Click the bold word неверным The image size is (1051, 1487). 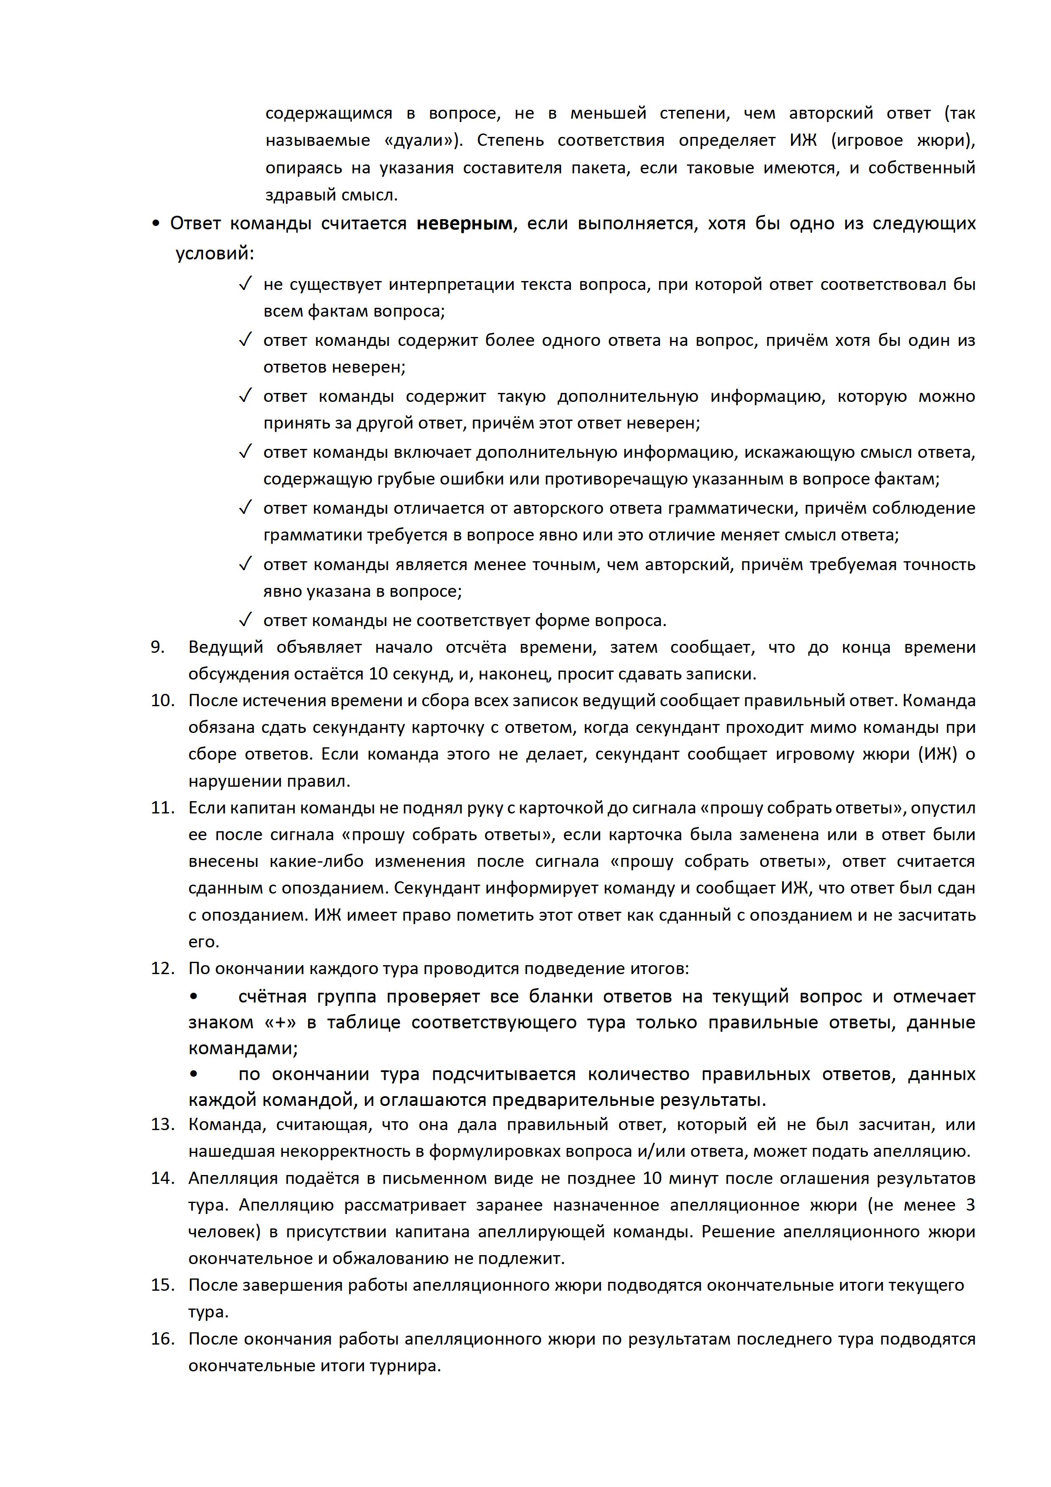tap(464, 224)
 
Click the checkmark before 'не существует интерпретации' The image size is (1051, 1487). tap(245, 284)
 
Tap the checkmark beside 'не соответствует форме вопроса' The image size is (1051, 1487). tap(245, 621)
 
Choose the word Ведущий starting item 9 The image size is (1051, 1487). tap(226, 647)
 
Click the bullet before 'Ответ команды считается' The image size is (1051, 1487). tap(156, 224)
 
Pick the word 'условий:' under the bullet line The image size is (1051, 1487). tap(215, 253)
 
